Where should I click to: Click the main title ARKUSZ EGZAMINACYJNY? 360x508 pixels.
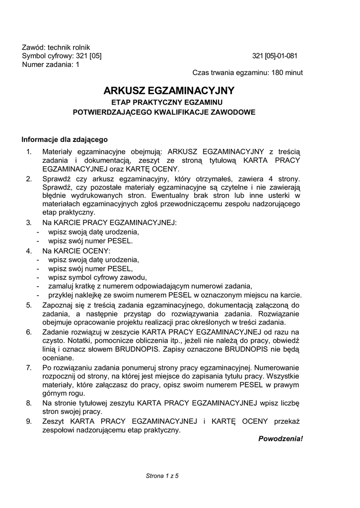pyautogui.click(x=168, y=91)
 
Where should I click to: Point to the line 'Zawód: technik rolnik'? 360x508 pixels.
pyautogui.click(x=56, y=47)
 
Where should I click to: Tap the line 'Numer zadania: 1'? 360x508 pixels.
pyautogui.click(x=50, y=64)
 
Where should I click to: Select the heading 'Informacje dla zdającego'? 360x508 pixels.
pyautogui.click(x=65, y=139)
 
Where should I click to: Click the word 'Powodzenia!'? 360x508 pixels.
pyautogui.click(x=281, y=439)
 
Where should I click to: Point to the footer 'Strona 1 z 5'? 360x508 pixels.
pyautogui.click(x=162, y=476)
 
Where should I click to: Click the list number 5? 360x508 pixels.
pyautogui.click(x=29, y=305)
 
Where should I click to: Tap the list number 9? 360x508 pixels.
pyautogui.click(x=29, y=421)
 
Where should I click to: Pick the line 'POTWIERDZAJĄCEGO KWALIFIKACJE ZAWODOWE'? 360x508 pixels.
pyautogui.click(x=164, y=112)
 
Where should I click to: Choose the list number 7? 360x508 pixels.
pyautogui.click(x=29, y=367)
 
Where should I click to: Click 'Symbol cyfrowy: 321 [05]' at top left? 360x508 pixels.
pyautogui.click(x=62, y=56)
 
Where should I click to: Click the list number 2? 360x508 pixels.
pyautogui.click(x=29, y=179)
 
